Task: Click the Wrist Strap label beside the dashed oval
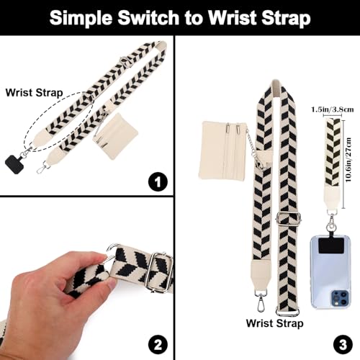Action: (x=34, y=93)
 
